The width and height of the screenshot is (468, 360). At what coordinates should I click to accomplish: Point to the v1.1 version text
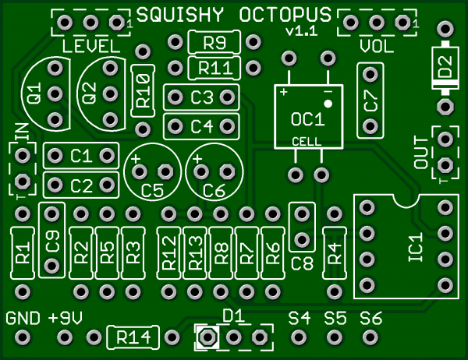[x=301, y=32]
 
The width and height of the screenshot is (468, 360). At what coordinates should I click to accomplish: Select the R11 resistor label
[x=214, y=68]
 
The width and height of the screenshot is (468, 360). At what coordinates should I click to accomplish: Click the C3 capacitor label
[x=201, y=97]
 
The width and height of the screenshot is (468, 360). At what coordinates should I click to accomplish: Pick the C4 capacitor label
[x=201, y=125]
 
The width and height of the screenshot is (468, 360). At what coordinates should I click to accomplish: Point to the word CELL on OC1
[x=306, y=141]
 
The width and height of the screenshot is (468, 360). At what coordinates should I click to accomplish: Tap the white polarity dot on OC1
[x=329, y=103]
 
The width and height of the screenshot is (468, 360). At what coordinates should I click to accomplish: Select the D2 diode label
[x=445, y=68]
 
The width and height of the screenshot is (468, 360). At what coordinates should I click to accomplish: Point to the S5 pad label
[x=335, y=318]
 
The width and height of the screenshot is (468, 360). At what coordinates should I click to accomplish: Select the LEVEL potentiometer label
[x=91, y=46]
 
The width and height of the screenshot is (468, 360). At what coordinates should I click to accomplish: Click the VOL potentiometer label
[x=377, y=47]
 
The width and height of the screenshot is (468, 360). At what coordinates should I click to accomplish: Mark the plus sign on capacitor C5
[x=136, y=159]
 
